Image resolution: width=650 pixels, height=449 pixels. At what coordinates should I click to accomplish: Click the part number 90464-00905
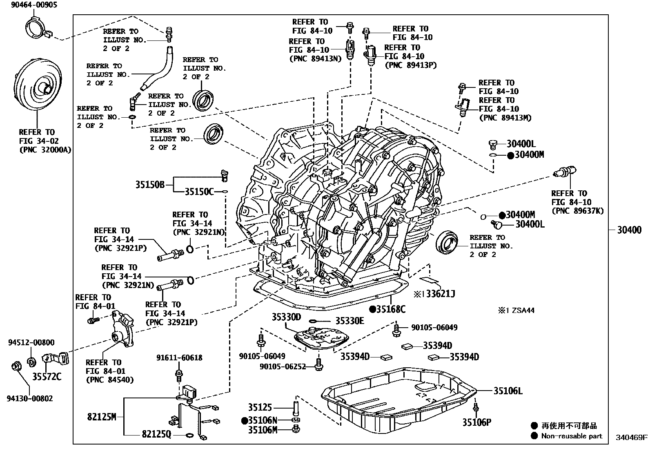[x=29, y=5]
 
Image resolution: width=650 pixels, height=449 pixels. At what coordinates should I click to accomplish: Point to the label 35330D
[x=286, y=317]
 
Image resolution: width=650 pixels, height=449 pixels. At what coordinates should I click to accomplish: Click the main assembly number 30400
[x=629, y=230]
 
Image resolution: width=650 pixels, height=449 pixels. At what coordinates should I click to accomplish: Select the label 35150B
[x=149, y=185]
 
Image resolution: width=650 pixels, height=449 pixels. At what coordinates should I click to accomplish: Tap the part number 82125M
[x=102, y=417]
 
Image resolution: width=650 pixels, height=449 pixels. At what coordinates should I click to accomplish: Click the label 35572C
[x=47, y=376]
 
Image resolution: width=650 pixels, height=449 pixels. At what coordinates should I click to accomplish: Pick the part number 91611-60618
[x=179, y=358]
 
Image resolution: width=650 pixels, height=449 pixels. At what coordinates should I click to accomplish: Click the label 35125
[x=260, y=407]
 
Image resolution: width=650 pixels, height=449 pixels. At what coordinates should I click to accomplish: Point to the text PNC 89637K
[x=577, y=211]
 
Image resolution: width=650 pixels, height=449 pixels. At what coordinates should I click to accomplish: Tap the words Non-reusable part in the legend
[x=571, y=436]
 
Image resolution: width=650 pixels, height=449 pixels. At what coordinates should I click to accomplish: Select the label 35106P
[x=476, y=422]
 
